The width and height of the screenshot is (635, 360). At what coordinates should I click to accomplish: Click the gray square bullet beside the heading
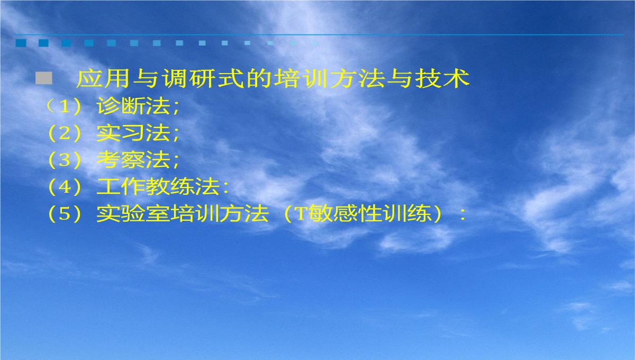tap(44, 78)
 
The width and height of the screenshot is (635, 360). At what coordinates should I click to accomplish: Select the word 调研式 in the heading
tap(203, 78)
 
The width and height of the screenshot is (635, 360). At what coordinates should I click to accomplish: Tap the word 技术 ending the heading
tap(443, 78)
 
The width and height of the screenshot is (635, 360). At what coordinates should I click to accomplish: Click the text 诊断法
tap(133, 106)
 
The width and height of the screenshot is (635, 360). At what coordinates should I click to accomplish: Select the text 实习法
tap(133, 133)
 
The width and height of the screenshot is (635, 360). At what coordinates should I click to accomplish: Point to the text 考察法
tap(133, 160)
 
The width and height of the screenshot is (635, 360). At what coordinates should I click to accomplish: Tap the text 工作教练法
tap(158, 186)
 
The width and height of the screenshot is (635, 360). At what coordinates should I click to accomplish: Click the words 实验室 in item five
tap(133, 213)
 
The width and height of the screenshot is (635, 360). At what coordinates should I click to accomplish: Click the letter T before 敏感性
tap(301, 214)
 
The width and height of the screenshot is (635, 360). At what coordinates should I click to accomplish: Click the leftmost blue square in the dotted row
tap(21, 43)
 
